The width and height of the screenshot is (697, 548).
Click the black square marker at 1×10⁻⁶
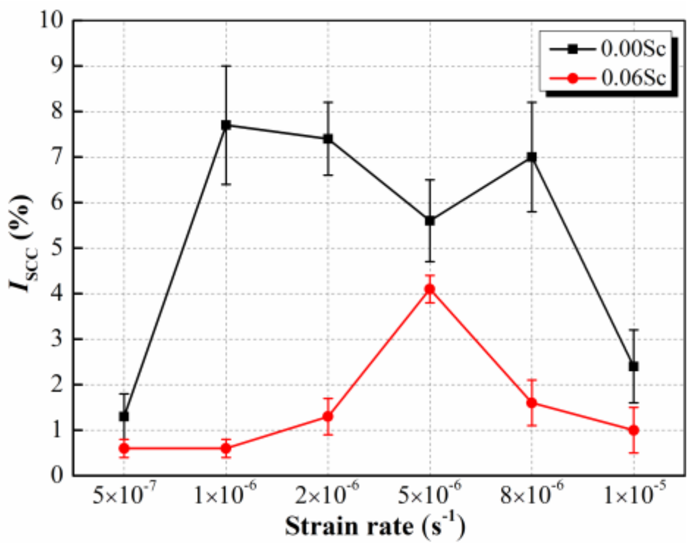226,125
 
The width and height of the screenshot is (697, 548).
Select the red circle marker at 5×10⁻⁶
430,289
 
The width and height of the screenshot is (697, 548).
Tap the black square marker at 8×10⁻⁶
532,157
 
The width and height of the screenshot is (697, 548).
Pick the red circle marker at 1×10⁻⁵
634,430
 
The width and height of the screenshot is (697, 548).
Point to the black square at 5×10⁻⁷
124,417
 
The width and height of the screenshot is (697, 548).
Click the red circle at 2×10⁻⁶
328,417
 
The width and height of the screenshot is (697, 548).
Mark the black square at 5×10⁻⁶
430,221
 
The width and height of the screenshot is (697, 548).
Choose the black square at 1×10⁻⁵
634,366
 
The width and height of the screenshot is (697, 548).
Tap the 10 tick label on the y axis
52,21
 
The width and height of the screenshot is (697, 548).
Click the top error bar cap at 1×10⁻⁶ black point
226,66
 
